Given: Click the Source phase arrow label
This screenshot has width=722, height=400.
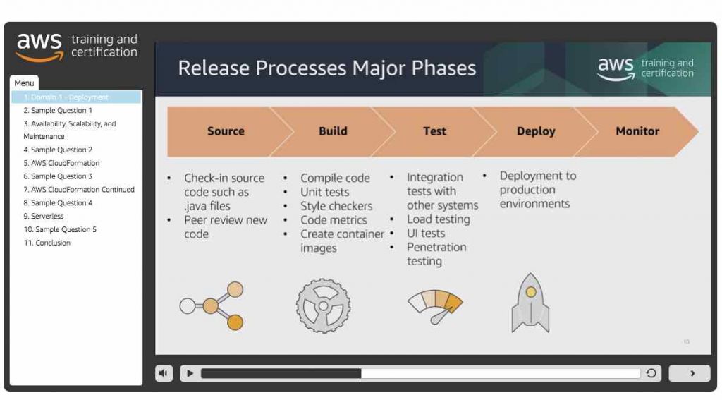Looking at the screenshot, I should (x=226, y=131).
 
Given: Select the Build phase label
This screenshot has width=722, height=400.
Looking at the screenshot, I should (x=333, y=131).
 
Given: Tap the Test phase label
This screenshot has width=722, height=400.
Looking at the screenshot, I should (x=434, y=131).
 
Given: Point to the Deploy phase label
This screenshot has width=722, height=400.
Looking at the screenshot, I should (x=536, y=131).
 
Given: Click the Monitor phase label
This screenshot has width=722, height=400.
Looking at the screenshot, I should (x=637, y=131).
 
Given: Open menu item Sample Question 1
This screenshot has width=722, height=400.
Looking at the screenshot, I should (x=58, y=111).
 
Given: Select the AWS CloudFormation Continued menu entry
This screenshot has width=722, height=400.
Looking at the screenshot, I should (x=79, y=190).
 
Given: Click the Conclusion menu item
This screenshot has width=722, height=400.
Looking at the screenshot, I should (x=47, y=243).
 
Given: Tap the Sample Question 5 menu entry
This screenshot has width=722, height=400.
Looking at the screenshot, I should (x=61, y=230).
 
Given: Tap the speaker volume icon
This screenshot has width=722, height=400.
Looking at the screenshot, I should (x=164, y=374).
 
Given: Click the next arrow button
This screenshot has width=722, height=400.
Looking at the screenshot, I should (x=692, y=374).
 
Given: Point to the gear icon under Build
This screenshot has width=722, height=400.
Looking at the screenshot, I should (x=323, y=305).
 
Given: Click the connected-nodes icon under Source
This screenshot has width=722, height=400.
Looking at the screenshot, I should (x=212, y=305).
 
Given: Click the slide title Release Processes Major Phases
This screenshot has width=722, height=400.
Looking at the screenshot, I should (x=326, y=68).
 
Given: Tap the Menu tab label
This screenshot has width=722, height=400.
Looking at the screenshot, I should (x=25, y=83).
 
